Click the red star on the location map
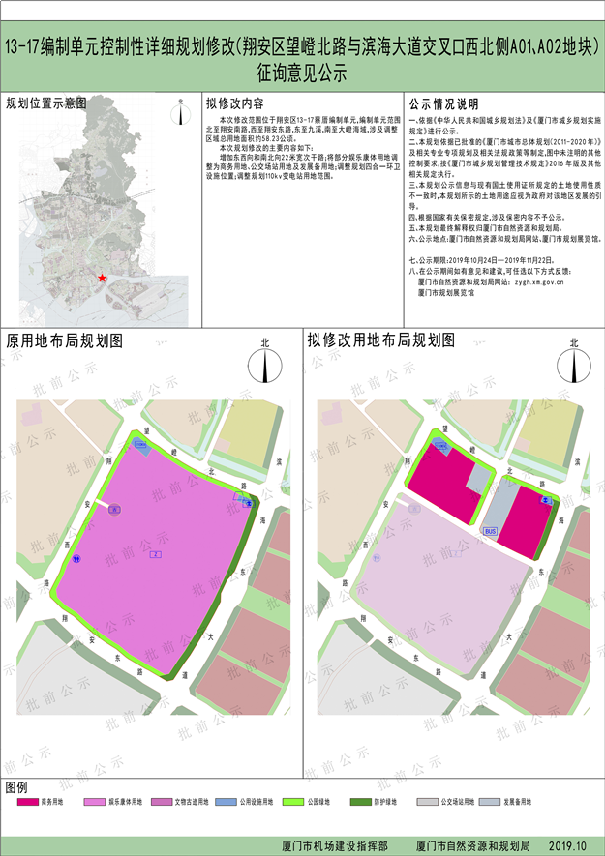pyautogui.click(x=101, y=278)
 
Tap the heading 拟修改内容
pyautogui.click(x=242, y=103)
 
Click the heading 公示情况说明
pyautogui.click(x=443, y=103)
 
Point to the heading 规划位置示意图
pyautogui.click(x=46, y=103)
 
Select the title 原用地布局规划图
pyautogui.click(x=65, y=341)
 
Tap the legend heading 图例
pyautogui.click(x=17, y=785)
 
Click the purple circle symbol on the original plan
pyautogui.click(x=114, y=508)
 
